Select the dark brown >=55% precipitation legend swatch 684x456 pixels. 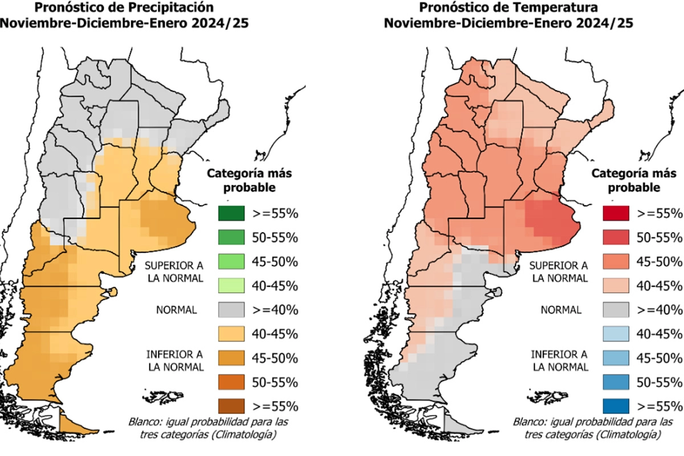point(230,406)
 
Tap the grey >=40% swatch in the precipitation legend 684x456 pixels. point(230,310)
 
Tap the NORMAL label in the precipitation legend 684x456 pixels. point(176,310)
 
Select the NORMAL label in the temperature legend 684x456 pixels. point(561,310)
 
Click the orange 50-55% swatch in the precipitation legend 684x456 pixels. point(230,382)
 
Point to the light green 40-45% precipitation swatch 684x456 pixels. point(230,286)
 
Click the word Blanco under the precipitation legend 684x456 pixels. point(144,422)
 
